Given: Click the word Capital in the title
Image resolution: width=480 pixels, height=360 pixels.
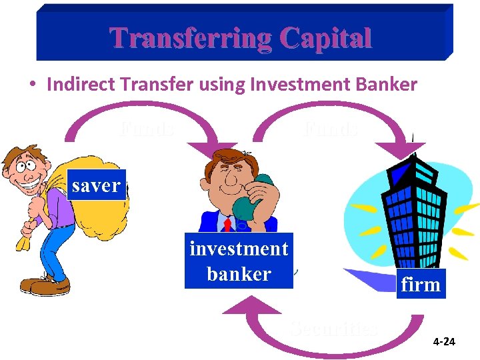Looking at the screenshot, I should coord(326,38).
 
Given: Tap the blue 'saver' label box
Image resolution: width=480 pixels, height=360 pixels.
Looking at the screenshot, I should coord(96,185).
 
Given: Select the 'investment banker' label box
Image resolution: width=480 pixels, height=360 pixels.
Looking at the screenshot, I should coord(239,261).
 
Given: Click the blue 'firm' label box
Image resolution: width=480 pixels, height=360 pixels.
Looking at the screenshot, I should coord(421,285).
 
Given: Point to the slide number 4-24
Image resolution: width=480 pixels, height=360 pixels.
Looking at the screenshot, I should coord(444,342).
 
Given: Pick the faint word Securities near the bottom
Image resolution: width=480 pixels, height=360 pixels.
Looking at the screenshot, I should coord(334,328).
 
